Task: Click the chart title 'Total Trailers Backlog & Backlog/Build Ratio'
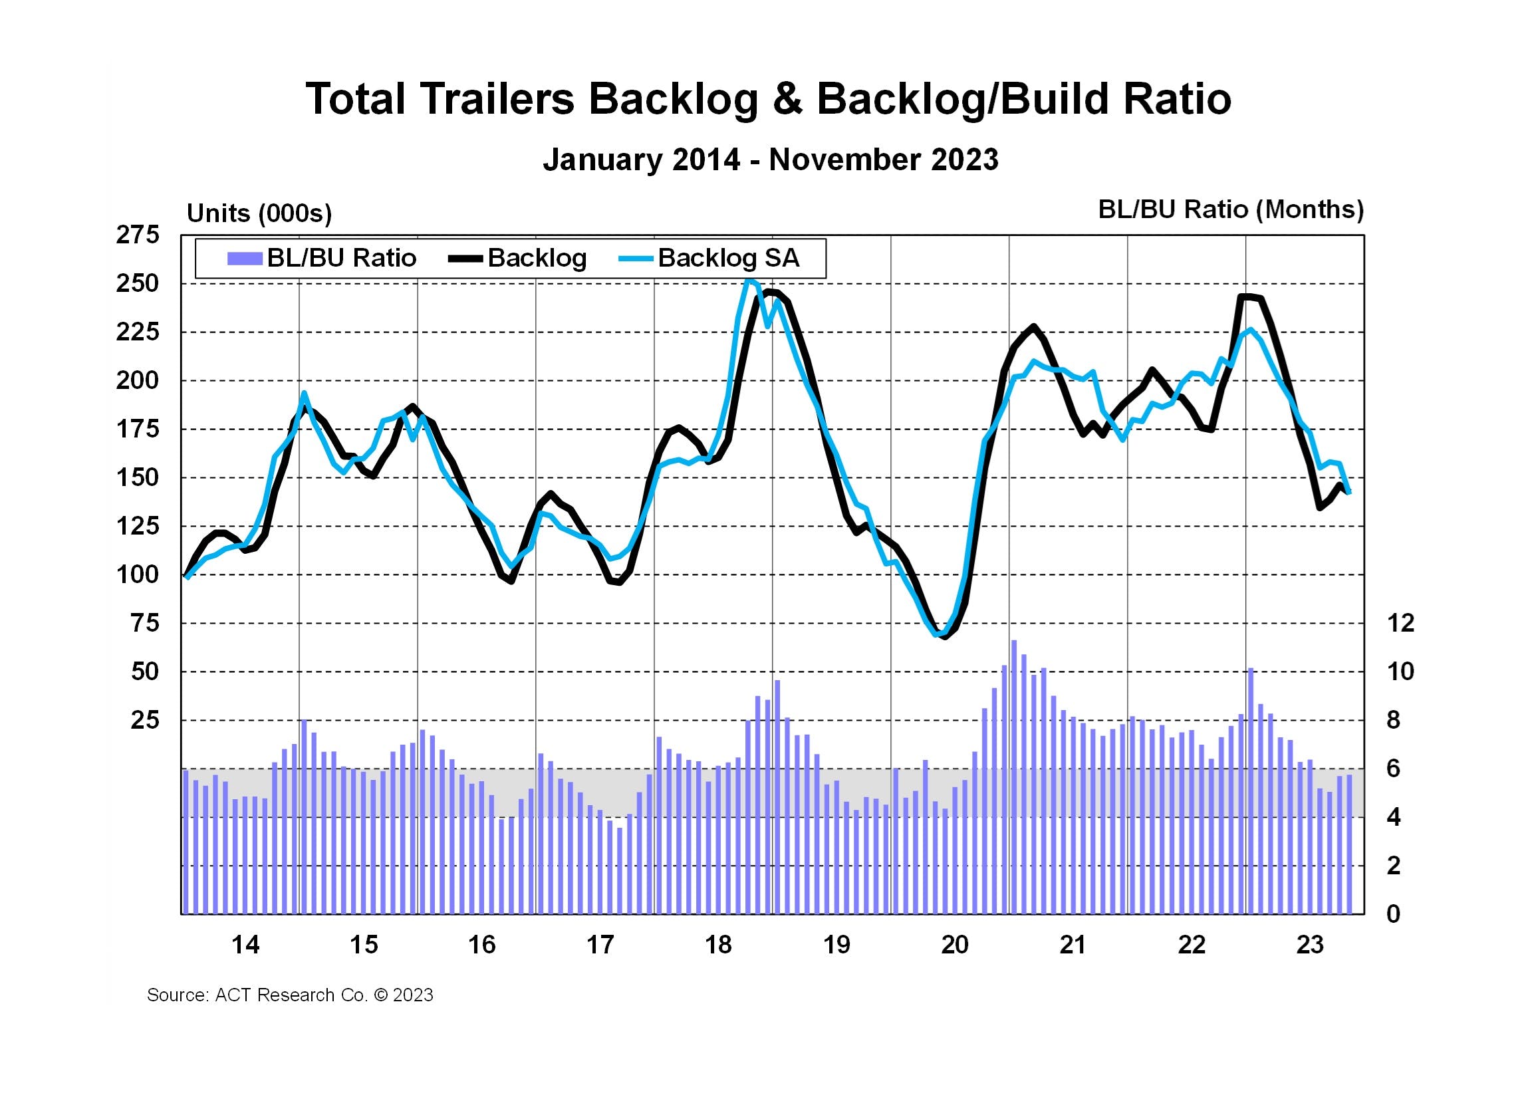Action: pyautogui.click(x=769, y=99)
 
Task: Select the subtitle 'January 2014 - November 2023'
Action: pyautogui.click(x=771, y=160)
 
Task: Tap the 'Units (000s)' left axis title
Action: pyautogui.click(x=259, y=213)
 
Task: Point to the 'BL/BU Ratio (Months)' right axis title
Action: pyautogui.click(x=1231, y=209)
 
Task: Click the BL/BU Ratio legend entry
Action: pyautogui.click(x=322, y=259)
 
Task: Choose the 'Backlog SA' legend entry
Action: pyautogui.click(x=709, y=259)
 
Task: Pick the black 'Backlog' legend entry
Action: pyautogui.click(x=518, y=259)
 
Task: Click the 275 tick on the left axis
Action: pyautogui.click(x=138, y=235)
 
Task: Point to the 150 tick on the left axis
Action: pyautogui.click(x=138, y=477)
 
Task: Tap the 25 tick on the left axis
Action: pyautogui.click(x=144, y=721)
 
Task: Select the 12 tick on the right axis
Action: pyautogui.click(x=1400, y=623)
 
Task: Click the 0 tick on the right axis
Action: pyautogui.click(x=1393, y=914)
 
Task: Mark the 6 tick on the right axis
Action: pyautogui.click(x=1393, y=769)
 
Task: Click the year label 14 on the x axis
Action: pyautogui.click(x=245, y=945)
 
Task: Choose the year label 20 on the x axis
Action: pyautogui.click(x=955, y=945)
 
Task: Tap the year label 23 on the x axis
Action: pyautogui.click(x=1309, y=945)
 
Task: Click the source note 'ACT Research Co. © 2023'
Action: pyautogui.click(x=290, y=995)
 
